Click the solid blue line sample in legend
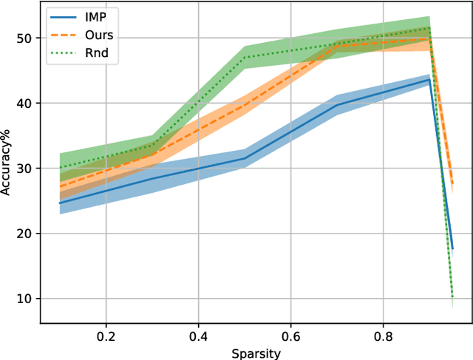tap(63, 15)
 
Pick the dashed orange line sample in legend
tap(63, 34)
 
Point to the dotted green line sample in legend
tap(63, 53)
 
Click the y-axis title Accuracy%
tap(7, 167)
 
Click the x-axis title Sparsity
tap(256, 353)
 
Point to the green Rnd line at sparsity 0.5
tap(245, 57)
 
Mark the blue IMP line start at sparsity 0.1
tap(60, 203)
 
